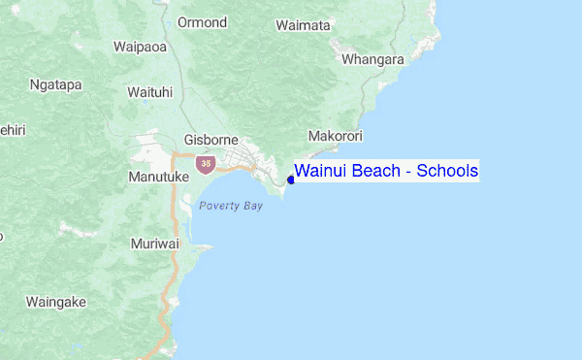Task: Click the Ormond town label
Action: (203, 22)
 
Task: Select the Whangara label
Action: (372, 59)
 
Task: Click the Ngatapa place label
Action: (55, 84)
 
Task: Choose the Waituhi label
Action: (150, 92)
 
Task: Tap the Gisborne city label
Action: (210, 140)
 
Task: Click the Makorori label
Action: (334, 136)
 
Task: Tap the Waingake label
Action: (56, 302)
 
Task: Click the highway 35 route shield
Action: (205, 164)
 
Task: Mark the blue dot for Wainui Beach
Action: (291, 180)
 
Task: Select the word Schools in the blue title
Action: (448, 172)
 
